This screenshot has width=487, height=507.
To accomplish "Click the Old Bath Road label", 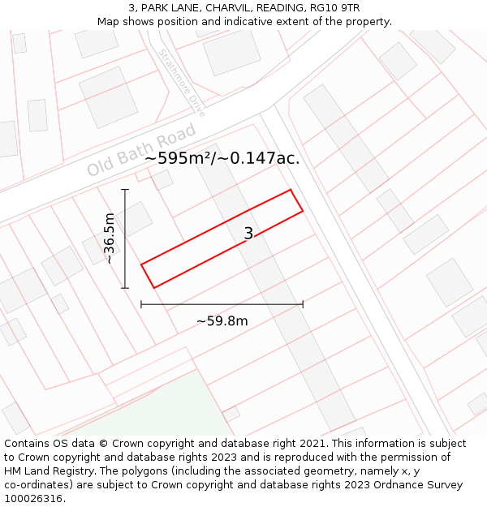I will [x=142, y=150].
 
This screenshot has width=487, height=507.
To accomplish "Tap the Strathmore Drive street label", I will [x=182, y=83].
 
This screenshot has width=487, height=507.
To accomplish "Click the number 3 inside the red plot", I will [x=248, y=234].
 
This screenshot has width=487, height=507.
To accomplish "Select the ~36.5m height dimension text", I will [x=110, y=238].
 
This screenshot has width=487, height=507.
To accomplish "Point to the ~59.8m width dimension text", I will [x=222, y=320].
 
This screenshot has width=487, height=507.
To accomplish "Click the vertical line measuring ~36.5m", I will [x=125, y=238].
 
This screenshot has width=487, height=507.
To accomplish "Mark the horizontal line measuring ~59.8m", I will [x=222, y=304].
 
